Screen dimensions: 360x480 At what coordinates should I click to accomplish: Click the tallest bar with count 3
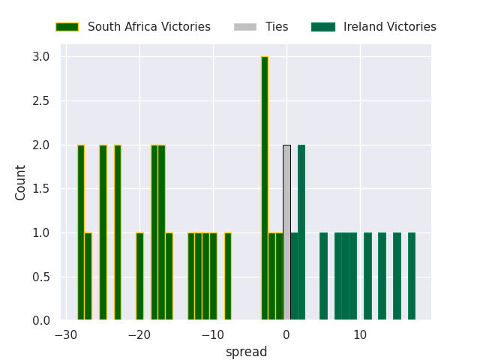coord(265,188)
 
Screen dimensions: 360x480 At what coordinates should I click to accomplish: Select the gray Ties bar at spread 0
coord(286,232)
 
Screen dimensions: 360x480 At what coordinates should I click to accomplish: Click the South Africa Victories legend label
coord(148,27)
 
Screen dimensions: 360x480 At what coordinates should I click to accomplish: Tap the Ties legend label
coord(277,27)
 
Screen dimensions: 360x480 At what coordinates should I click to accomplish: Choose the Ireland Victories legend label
coord(389,27)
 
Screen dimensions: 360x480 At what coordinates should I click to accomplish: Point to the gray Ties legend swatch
coord(245,27)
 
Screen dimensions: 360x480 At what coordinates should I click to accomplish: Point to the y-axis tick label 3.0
coord(41,57)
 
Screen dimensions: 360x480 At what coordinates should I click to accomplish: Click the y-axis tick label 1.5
coord(41,189)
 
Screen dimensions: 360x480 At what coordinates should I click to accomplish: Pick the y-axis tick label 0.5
coord(41,277)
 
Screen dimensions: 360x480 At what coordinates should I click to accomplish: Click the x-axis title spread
coord(246,352)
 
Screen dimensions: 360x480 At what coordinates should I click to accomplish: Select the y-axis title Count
coord(21,182)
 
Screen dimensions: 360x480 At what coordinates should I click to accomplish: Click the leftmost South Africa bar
coord(81,232)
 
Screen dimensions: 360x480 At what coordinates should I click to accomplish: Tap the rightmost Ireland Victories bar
coord(411,277)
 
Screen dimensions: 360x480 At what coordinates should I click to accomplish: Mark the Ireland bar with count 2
coord(301,232)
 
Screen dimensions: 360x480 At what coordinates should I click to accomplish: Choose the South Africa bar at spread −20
coord(139,277)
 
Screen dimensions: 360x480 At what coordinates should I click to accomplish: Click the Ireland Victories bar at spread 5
coord(323,277)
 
